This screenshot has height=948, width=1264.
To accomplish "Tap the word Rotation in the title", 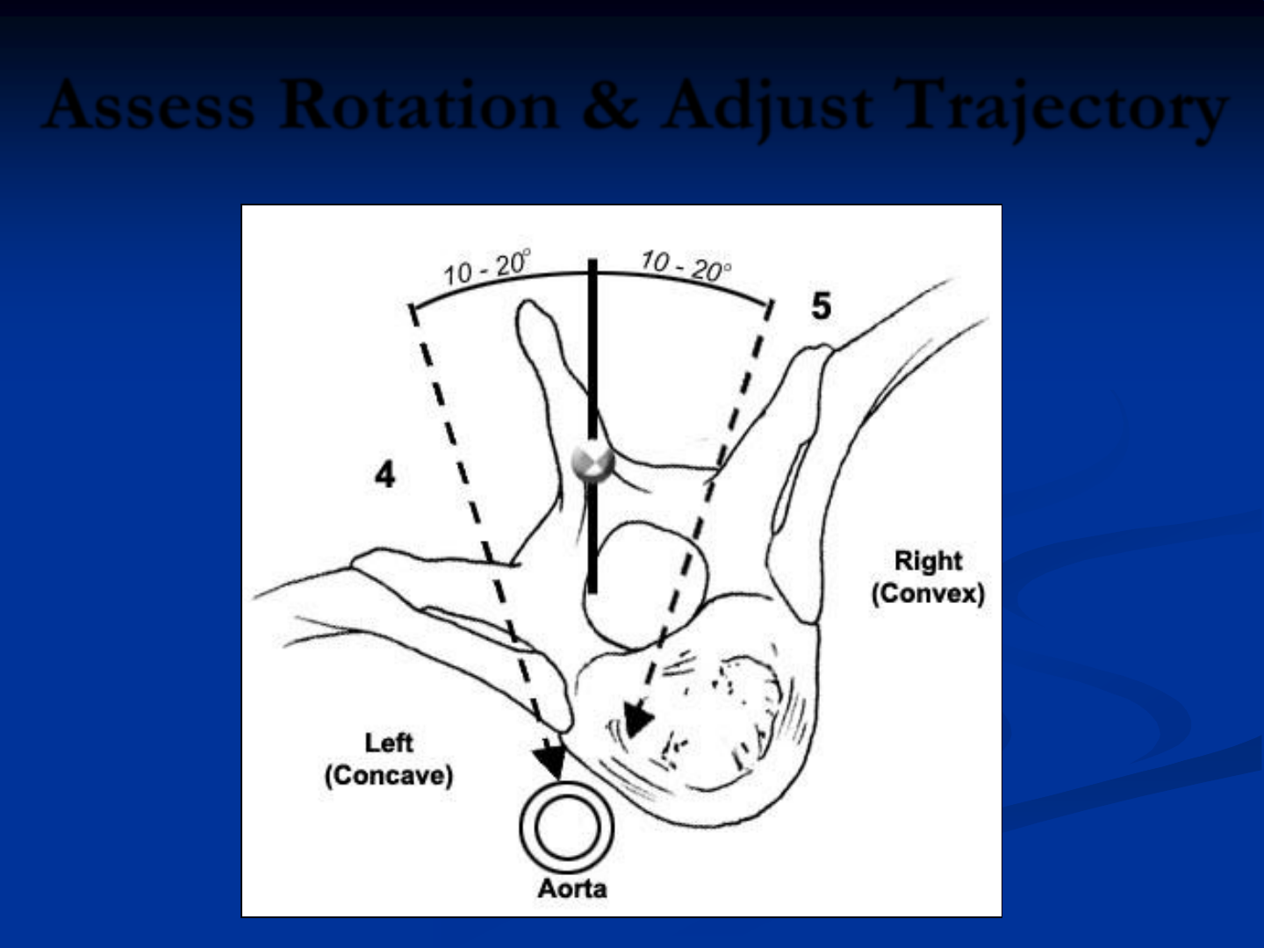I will (419, 106).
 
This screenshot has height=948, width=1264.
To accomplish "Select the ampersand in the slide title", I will (609, 106).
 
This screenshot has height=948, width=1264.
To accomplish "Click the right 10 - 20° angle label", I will (685, 266).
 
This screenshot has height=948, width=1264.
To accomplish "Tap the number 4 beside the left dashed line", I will (384, 475).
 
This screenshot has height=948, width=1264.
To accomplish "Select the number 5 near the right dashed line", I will (821, 305).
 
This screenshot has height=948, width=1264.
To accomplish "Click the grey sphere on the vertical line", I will (592, 462).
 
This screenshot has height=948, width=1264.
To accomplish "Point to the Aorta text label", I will (572, 888).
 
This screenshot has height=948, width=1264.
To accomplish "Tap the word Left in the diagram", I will (388, 743).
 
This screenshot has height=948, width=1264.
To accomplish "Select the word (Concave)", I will (388, 776).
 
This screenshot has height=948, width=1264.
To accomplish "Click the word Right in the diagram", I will (928, 560).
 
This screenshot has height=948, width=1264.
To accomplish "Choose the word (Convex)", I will (928, 593).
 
